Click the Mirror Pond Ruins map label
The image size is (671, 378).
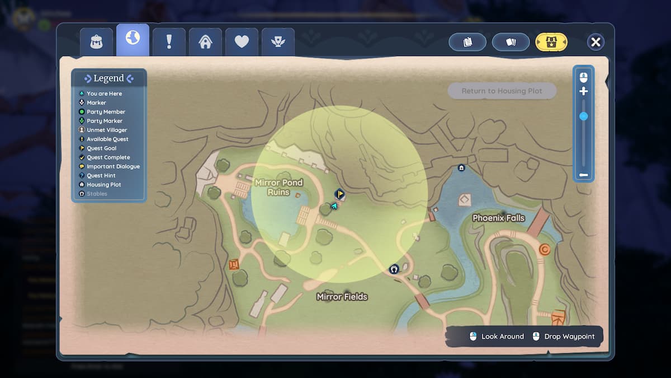click(x=278, y=188)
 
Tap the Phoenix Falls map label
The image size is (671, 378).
click(x=498, y=218)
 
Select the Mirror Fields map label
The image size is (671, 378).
click(x=342, y=297)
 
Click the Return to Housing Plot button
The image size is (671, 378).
click(x=502, y=91)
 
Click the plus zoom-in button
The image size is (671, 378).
click(x=583, y=91)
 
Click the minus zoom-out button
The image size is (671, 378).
click(x=583, y=175)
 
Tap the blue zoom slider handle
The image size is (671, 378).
click(x=583, y=116)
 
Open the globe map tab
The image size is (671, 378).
click(x=133, y=40)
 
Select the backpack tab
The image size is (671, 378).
click(x=96, y=42)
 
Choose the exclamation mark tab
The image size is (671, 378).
click(x=169, y=42)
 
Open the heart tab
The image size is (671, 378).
click(x=242, y=42)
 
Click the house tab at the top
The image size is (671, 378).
click(x=205, y=42)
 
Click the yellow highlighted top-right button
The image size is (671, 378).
click(x=551, y=42)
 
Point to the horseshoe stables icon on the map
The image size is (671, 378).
click(x=394, y=269)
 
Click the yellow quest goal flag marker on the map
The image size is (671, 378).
click(x=339, y=194)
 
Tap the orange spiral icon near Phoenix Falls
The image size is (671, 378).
click(x=544, y=250)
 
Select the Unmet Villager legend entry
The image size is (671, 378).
click(x=106, y=130)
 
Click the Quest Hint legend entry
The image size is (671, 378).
click(x=101, y=175)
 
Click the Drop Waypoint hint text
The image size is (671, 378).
click(x=569, y=337)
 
